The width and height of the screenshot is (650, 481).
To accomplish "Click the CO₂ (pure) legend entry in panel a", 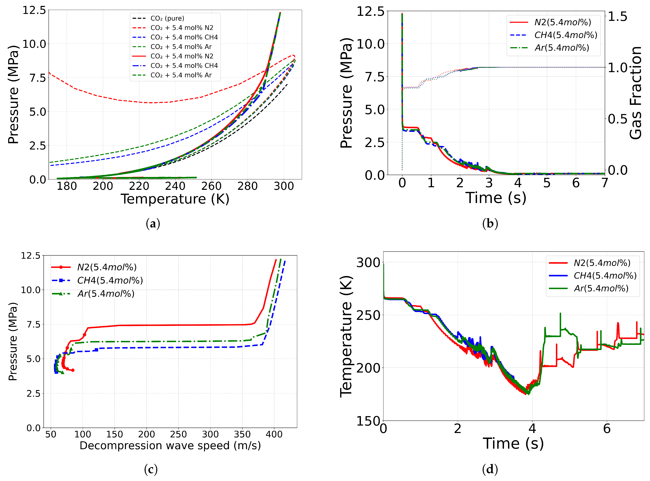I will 167,18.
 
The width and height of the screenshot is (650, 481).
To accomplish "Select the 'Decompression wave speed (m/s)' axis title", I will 170,446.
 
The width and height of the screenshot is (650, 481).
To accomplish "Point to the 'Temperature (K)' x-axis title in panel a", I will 175,199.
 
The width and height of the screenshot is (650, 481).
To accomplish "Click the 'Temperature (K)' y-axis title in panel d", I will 346,336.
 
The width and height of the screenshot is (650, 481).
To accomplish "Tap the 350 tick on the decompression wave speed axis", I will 242,434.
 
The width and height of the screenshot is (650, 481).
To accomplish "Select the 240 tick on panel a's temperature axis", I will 175,186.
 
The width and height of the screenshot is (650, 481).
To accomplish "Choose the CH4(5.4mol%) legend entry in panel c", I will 110,280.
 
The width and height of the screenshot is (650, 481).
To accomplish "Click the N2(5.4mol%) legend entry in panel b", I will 562,22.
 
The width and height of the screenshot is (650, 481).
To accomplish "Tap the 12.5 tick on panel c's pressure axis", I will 30,256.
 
